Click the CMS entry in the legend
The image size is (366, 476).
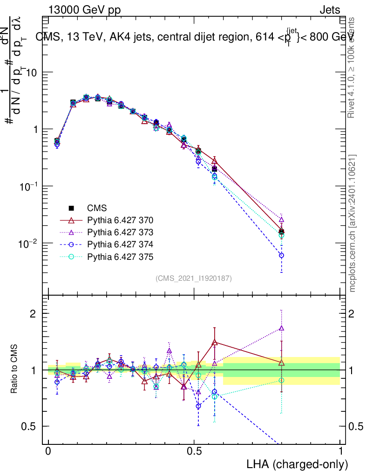(97, 208)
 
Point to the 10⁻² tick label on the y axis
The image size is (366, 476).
(28, 243)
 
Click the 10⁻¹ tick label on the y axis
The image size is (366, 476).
(28, 186)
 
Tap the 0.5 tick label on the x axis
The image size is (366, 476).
(194, 452)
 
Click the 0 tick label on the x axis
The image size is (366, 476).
(48, 452)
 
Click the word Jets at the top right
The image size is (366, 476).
(329, 10)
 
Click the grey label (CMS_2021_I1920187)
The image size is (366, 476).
(194, 278)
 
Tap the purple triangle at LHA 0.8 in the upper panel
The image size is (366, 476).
(281, 219)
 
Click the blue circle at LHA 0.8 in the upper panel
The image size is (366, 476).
(281, 255)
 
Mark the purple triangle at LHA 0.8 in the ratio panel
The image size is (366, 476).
(281, 328)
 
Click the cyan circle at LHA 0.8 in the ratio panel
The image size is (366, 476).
(281, 380)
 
